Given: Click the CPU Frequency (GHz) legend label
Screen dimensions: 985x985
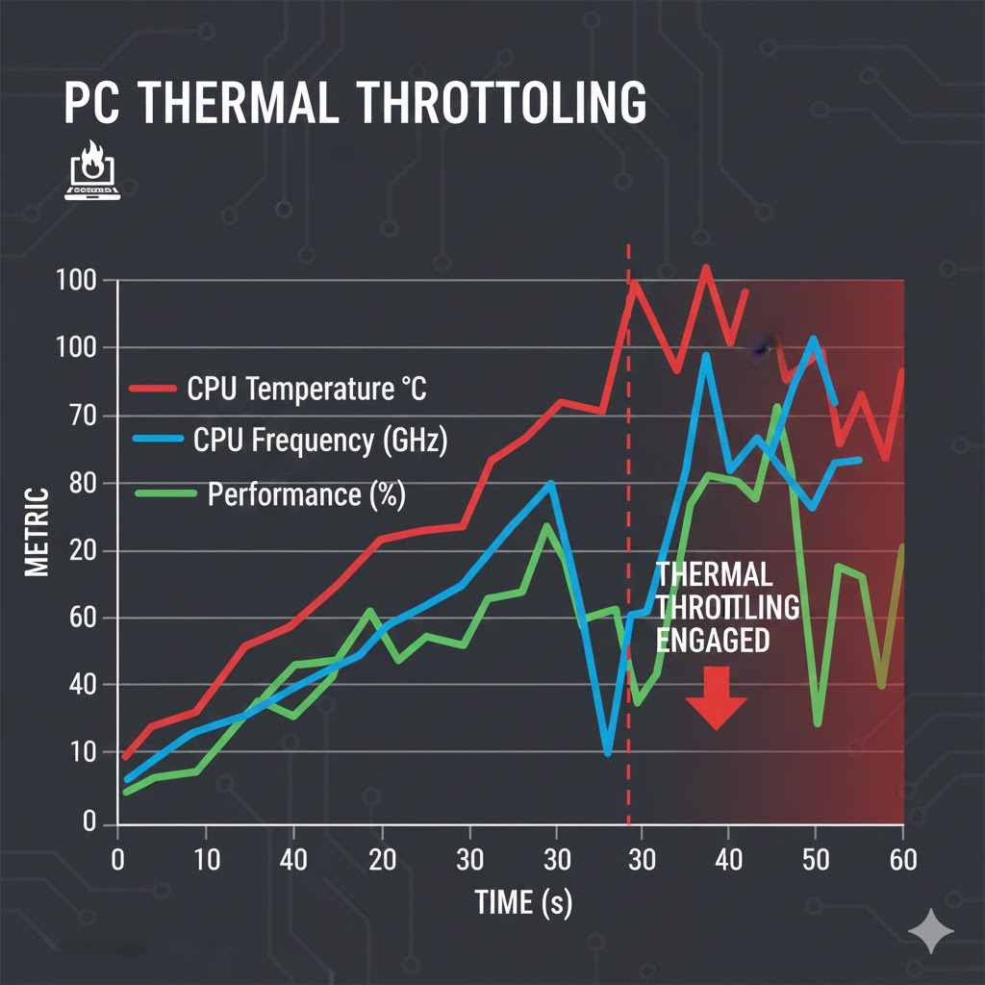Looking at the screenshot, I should click(x=320, y=442).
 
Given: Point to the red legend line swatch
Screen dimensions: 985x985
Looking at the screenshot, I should click(x=153, y=389).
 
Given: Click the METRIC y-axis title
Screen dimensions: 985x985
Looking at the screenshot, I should click(x=37, y=532).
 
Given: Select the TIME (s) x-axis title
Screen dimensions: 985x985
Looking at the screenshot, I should click(x=523, y=902).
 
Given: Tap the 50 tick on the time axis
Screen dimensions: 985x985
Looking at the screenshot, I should click(x=816, y=859).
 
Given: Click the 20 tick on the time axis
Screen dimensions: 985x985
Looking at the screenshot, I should click(x=382, y=859).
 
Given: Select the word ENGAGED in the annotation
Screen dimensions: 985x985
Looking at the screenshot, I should click(x=712, y=640).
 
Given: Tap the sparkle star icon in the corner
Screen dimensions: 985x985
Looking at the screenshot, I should click(x=931, y=930).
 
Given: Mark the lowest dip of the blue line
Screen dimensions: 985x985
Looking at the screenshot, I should click(x=608, y=753).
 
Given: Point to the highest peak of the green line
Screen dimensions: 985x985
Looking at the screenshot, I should click(x=777, y=407).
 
